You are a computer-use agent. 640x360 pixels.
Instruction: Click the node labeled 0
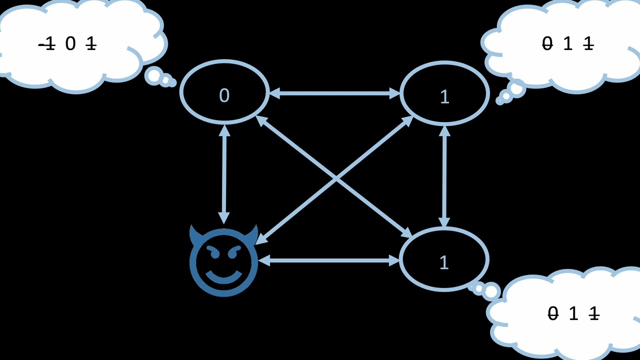tap(224, 92)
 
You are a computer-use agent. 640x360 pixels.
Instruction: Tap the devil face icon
tap(223, 261)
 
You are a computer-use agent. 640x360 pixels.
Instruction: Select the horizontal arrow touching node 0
tap(334, 93)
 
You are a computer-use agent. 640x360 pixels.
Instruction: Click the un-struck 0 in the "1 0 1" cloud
tap(70, 44)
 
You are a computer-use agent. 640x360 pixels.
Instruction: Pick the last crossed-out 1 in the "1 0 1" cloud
tap(90, 44)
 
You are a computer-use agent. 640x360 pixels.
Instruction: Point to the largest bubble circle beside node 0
tap(153, 76)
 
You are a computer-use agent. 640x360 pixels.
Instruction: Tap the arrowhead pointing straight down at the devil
tap(224, 218)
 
